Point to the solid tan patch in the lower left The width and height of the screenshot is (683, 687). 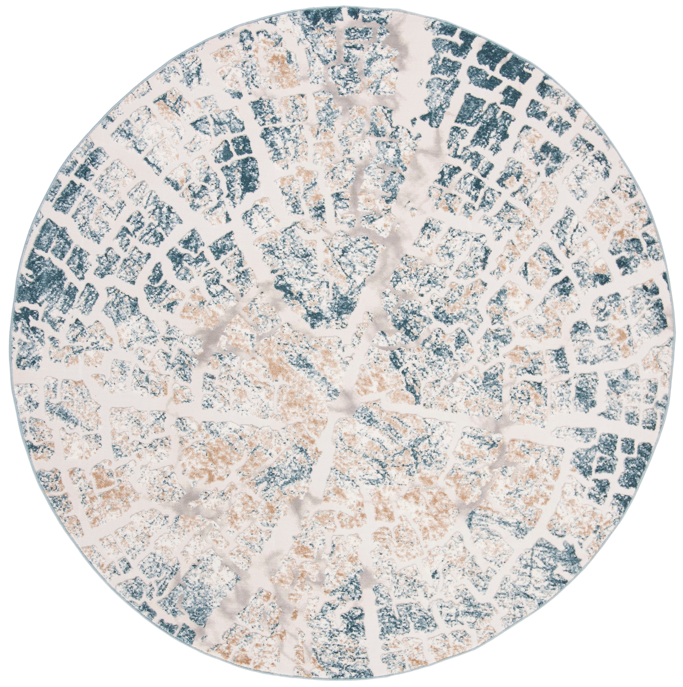107,484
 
